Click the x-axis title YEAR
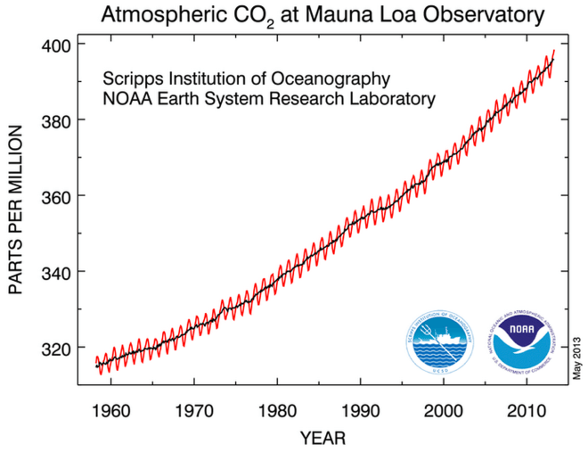click(322, 438)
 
